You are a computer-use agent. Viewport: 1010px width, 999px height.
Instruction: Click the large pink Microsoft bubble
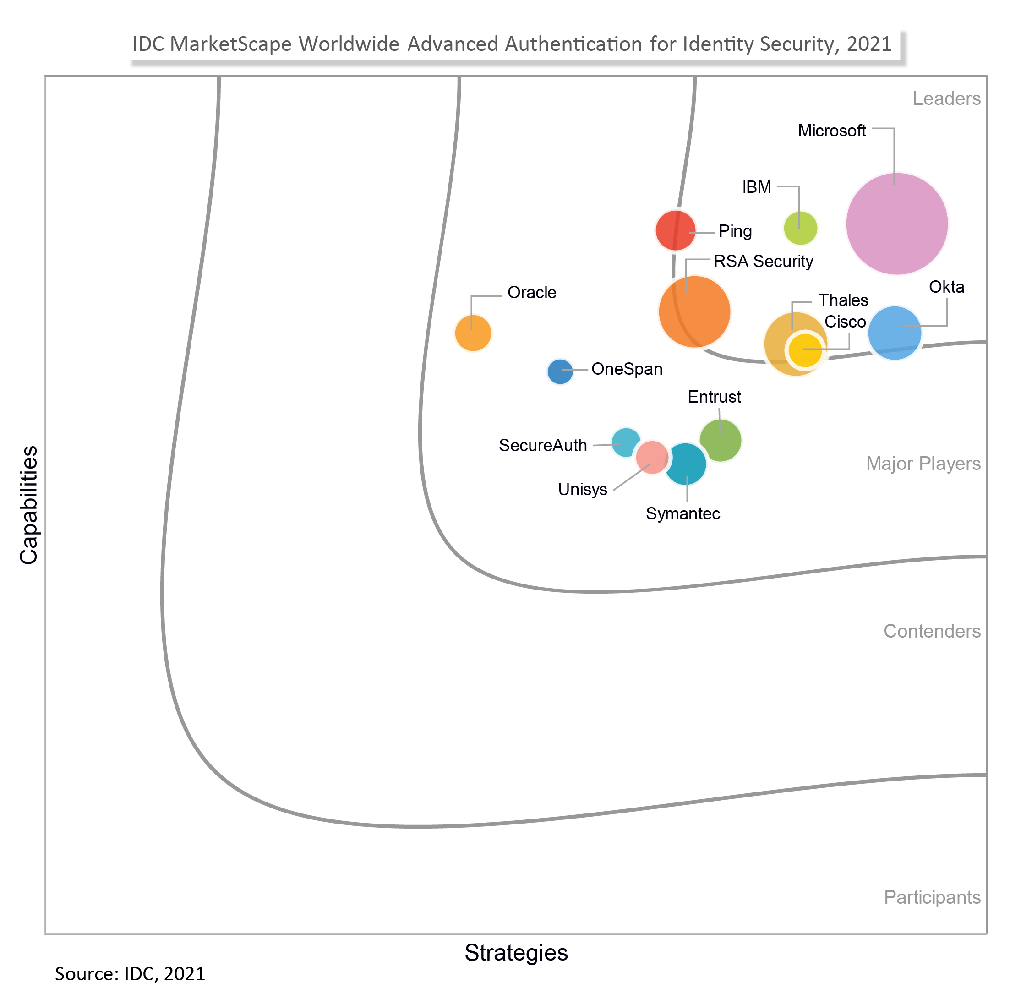click(x=896, y=224)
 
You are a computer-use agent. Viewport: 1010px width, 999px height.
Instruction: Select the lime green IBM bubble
click(x=800, y=229)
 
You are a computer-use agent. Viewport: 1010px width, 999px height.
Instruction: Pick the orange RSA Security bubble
click(x=694, y=311)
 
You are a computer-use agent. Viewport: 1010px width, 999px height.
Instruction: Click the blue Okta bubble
click(x=895, y=333)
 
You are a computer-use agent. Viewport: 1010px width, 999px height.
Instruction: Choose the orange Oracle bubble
click(x=473, y=333)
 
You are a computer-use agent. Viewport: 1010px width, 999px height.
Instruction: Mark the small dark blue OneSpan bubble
click(x=560, y=371)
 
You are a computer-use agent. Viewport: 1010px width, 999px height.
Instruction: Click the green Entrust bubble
click(x=721, y=440)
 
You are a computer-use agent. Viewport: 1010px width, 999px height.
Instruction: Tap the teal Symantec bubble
click(x=686, y=464)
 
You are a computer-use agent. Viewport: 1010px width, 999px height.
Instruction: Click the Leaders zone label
click(x=946, y=99)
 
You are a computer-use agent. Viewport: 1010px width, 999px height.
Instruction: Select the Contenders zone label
click(x=932, y=631)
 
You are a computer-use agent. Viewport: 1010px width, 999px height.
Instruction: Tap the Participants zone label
click(x=932, y=897)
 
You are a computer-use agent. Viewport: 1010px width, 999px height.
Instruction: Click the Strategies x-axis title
click(x=516, y=952)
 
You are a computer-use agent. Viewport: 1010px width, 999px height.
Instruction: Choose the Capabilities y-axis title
click(x=29, y=505)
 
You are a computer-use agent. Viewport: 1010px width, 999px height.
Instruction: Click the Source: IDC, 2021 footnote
click(x=130, y=974)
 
